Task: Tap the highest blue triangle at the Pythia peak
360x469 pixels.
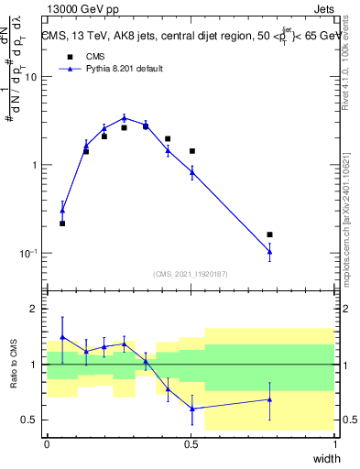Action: (125, 117)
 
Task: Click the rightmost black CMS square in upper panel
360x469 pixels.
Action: (269, 234)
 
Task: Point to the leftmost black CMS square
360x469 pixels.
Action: (62, 224)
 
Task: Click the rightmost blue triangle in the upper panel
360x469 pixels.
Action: (269, 252)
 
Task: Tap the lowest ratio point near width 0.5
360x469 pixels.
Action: (191, 409)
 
